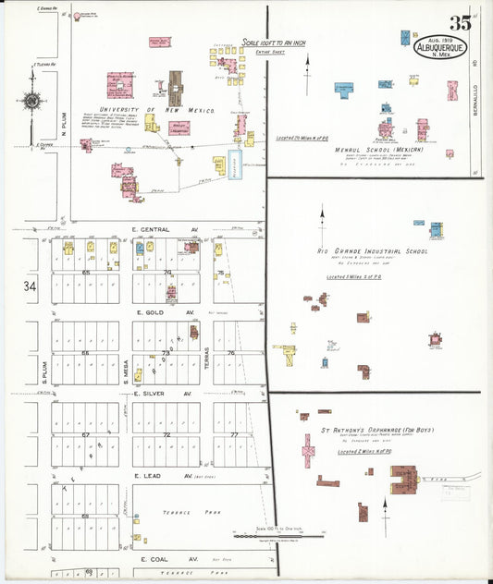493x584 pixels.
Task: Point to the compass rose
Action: pos(32,101)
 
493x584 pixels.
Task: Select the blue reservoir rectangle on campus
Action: pos(235,164)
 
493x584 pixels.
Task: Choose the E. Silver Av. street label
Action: pos(164,394)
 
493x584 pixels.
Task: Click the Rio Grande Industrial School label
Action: pos(373,251)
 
